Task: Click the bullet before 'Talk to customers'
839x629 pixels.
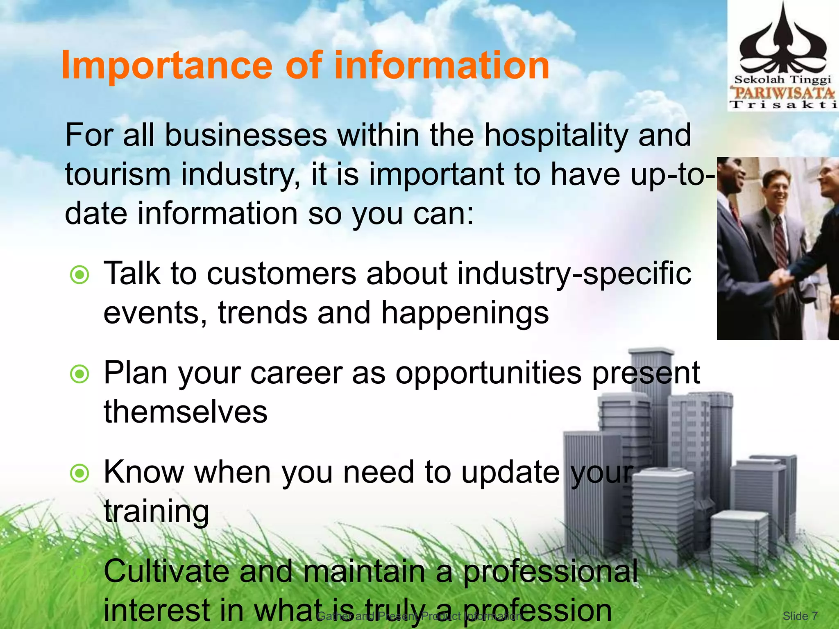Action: (79, 275)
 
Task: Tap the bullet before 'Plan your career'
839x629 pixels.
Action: (79, 374)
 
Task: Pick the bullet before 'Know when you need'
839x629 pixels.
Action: (79, 473)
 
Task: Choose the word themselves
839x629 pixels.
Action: (186, 412)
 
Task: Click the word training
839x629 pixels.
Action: (156, 512)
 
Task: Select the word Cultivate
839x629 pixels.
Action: (166, 571)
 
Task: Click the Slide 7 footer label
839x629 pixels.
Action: (800, 616)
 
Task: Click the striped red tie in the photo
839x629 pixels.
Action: (780, 242)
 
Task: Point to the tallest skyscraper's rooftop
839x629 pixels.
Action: (651, 351)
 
